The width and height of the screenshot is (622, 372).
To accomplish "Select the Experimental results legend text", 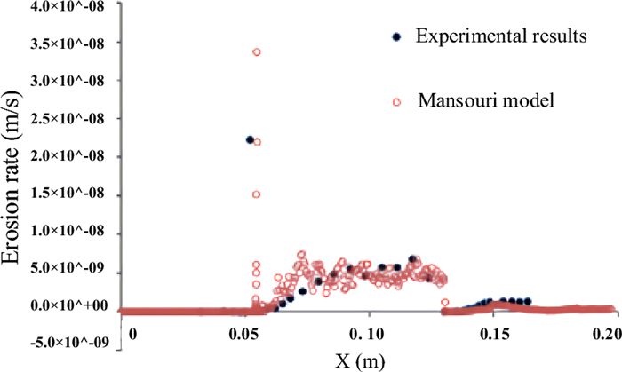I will (x=500, y=37).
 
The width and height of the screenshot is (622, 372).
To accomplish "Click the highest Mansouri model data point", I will (x=257, y=52).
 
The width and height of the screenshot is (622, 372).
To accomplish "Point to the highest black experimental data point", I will (x=250, y=139).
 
